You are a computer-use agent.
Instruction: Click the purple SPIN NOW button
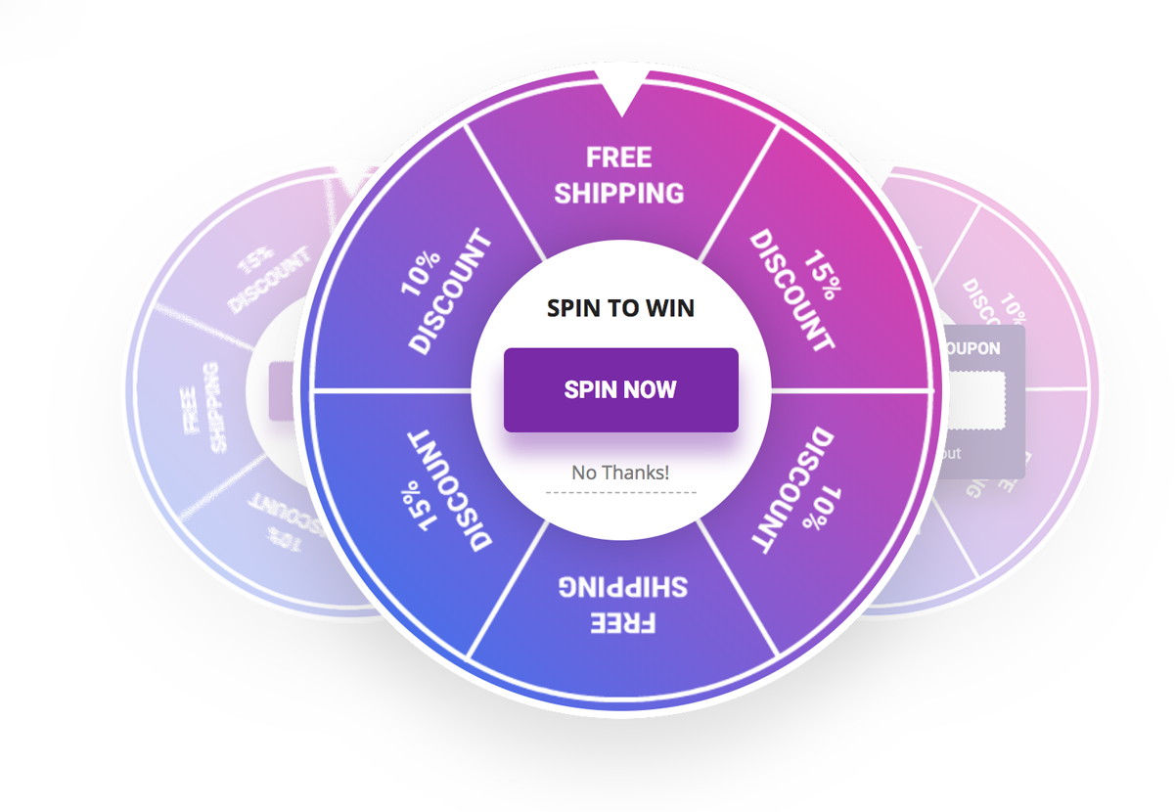(620, 389)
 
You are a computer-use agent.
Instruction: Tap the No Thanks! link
(620, 473)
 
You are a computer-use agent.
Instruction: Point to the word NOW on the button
(652, 389)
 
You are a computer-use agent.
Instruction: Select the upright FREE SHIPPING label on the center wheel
(619, 175)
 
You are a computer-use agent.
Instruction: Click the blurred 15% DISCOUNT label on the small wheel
(267, 278)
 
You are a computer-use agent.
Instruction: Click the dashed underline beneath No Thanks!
(620, 492)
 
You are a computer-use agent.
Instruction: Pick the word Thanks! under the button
(636, 473)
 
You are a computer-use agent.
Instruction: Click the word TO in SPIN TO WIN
(623, 308)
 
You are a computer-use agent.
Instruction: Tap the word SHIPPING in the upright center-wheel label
(619, 193)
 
